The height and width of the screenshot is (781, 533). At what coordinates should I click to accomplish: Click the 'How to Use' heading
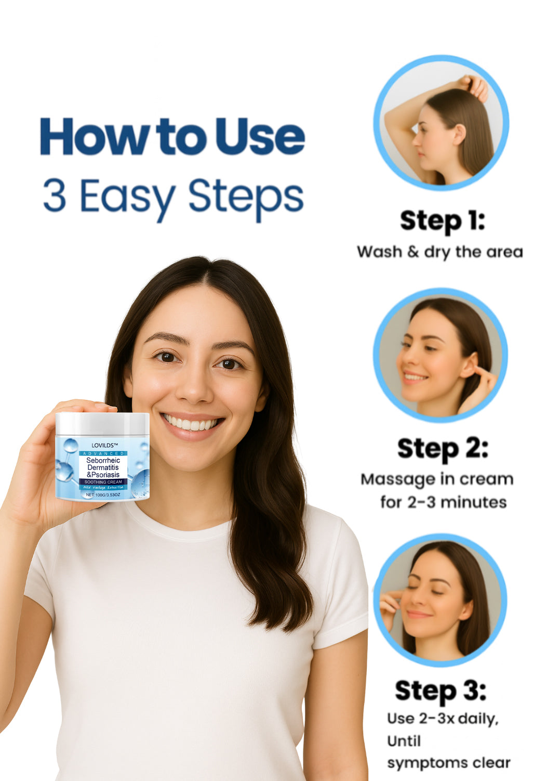pyautogui.click(x=172, y=136)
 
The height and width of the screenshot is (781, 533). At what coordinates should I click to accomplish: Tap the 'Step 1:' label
pyautogui.click(x=442, y=221)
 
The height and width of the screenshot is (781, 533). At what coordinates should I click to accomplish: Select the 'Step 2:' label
pyautogui.click(x=443, y=449)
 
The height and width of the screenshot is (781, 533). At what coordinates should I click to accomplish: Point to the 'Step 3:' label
pyautogui.click(x=440, y=691)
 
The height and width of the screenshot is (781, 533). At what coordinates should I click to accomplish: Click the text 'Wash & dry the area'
pyautogui.click(x=439, y=252)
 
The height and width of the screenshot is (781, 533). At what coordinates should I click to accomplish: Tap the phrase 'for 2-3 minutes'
pyautogui.click(x=443, y=502)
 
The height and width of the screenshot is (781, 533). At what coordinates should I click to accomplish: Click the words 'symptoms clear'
pyautogui.click(x=449, y=763)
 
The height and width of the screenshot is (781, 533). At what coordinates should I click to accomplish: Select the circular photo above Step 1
pyautogui.click(x=441, y=123)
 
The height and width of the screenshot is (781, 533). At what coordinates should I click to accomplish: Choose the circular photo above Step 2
pyautogui.click(x=440, y=355)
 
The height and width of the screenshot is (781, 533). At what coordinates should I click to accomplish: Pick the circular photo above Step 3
pyautogui.click(x=440, y=600)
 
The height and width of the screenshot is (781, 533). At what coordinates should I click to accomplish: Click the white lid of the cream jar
pyautogui.click(x=102, y=423)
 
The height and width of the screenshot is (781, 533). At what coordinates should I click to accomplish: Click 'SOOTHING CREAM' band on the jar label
pyautogui.click(x=103, y=482)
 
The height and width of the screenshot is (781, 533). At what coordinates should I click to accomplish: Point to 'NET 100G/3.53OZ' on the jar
pyautogui.click(x=103, y=494)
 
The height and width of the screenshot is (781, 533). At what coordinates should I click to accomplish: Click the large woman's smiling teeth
pyautogui.click(x=191, y=424)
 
